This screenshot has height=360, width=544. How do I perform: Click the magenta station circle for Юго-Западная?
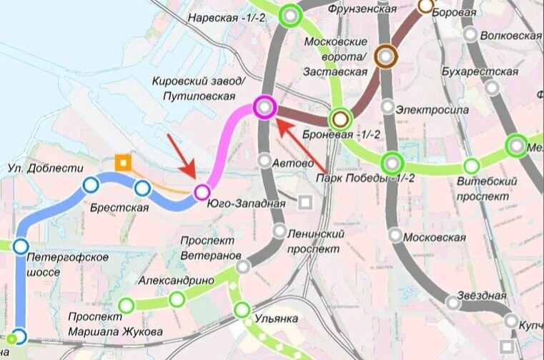pos(202,191)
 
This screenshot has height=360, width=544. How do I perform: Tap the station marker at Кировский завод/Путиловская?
pos(264,107)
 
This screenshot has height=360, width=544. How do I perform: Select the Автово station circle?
pos(265,161)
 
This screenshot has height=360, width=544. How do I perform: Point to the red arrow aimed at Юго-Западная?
pos(182,156)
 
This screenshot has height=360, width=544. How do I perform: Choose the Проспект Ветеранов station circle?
pos(244,266)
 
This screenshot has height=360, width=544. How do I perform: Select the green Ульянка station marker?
pos(242,310)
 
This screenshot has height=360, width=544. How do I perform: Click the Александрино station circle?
pos(177,299)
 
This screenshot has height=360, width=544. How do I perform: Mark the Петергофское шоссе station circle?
pos(20,245)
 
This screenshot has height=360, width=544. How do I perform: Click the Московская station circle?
pos(395,234)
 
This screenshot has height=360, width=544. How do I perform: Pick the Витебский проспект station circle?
pos(471,166)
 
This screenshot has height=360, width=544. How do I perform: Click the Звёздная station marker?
pos(453,302)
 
